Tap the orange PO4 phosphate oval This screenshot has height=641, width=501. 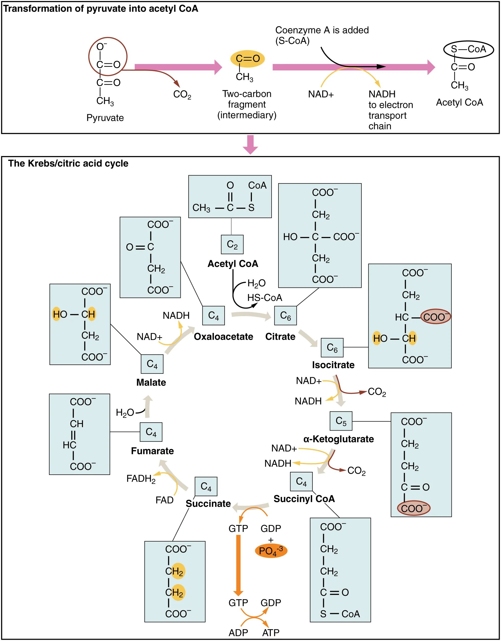tap(271, 551)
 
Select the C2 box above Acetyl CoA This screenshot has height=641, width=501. tap(232, 244)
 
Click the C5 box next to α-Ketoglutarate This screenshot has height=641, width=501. tap(341, 421)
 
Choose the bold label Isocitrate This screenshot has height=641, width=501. tap(333, 365)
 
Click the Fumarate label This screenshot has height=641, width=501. tap(152, 451)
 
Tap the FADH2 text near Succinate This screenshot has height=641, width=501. tap(141, 479)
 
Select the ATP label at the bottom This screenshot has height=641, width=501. tap(271, 633)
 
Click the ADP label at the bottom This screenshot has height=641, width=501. tap(238, 633)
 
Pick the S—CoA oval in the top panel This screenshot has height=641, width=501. tap(468, 49)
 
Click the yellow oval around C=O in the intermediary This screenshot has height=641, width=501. tap(248, 59)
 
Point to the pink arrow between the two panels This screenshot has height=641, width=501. tap(250, 144)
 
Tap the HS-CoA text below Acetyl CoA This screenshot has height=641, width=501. tap(264, 298)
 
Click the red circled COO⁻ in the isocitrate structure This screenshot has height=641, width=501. tap(435, 317)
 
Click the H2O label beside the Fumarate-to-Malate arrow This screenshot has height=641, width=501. tap(125, 413)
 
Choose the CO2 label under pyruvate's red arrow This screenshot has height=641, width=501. tap(182, 95)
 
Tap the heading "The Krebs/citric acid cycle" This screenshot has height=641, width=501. tap(68, 164)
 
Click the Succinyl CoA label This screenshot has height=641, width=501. tap(304, 499)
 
